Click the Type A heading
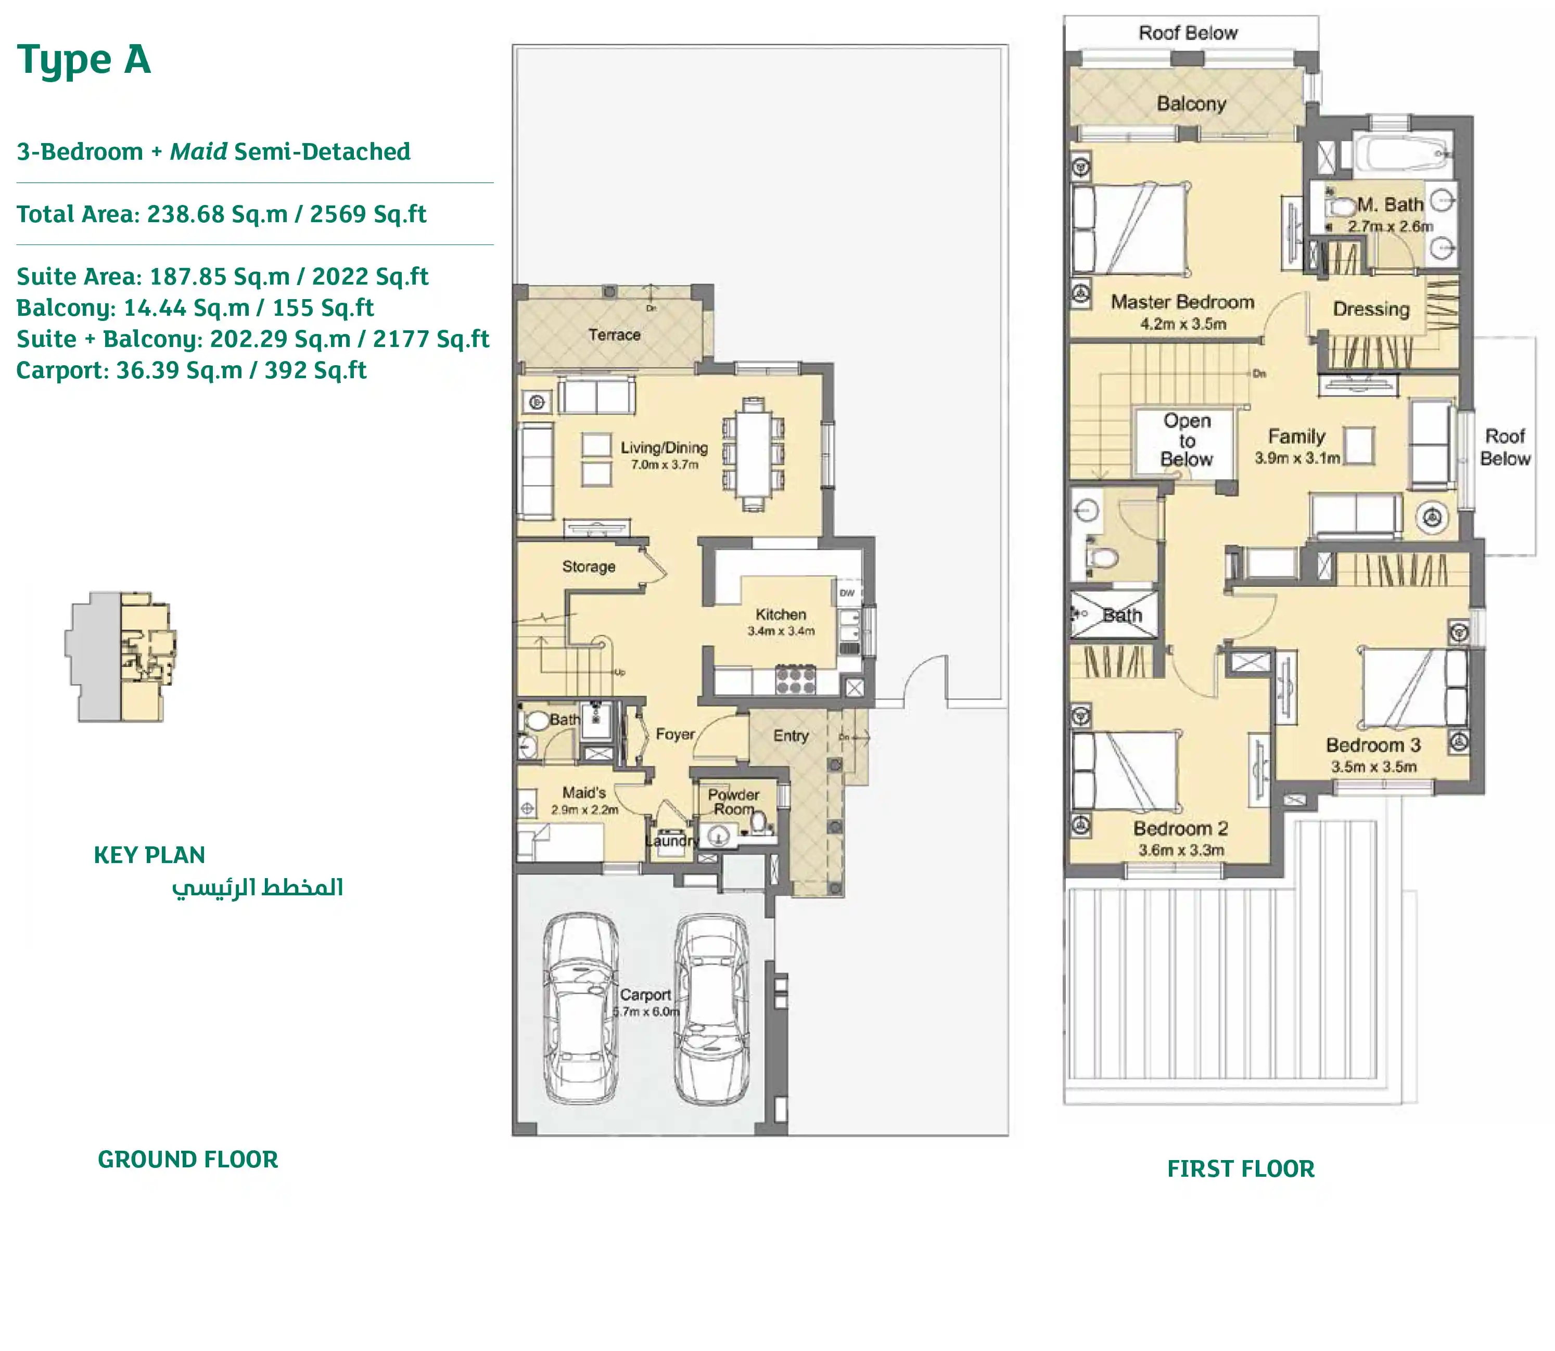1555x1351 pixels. click(84, 60)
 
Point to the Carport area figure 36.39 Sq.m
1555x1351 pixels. click(179, 370)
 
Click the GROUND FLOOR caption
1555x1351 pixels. click(188, 1160)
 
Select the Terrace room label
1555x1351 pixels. click(614, 334)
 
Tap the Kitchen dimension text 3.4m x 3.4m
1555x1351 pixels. click(781, 631)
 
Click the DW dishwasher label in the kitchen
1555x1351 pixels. click(847, 593)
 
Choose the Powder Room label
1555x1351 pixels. click(733, 802)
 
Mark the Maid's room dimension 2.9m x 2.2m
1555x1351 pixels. click(584, 809)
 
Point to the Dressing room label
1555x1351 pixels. click(1370, 309)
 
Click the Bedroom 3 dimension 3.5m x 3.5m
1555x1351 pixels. click(1373, 767)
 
